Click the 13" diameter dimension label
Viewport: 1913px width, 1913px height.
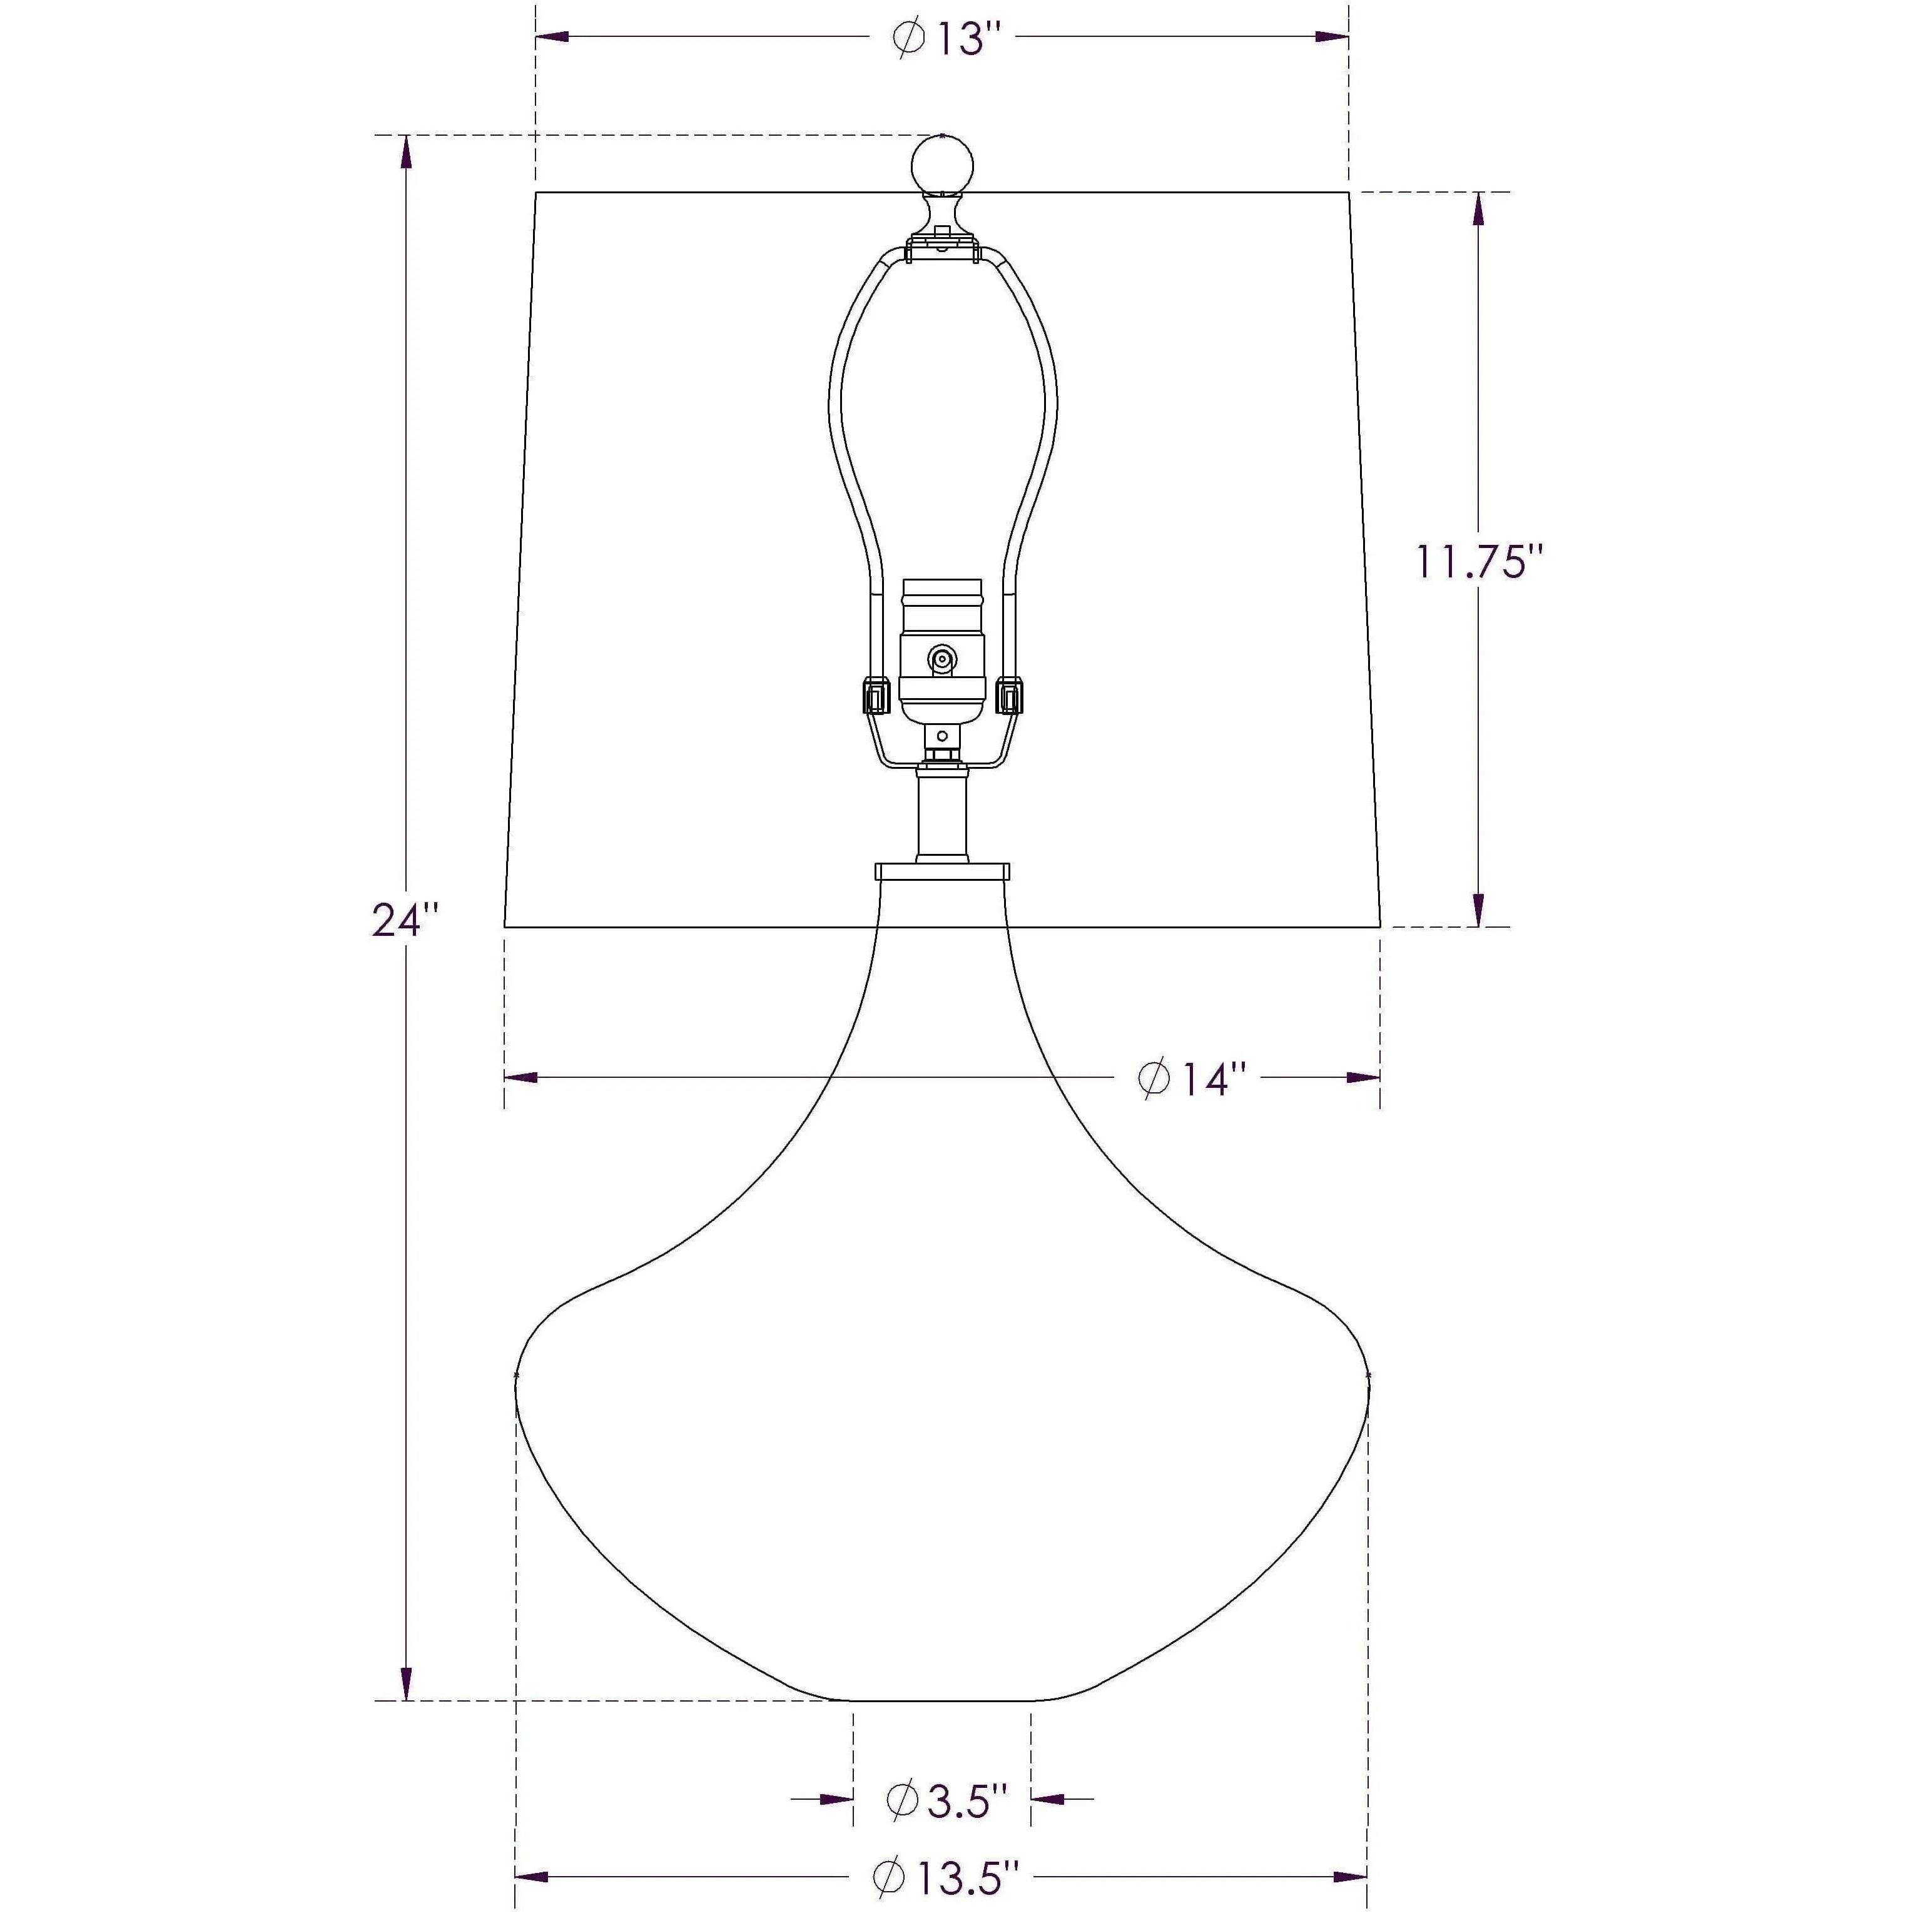948,39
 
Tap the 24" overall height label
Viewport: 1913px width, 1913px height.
404,921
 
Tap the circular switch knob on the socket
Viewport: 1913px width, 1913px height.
941,659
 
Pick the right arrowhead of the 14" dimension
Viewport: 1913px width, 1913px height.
1364,1077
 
